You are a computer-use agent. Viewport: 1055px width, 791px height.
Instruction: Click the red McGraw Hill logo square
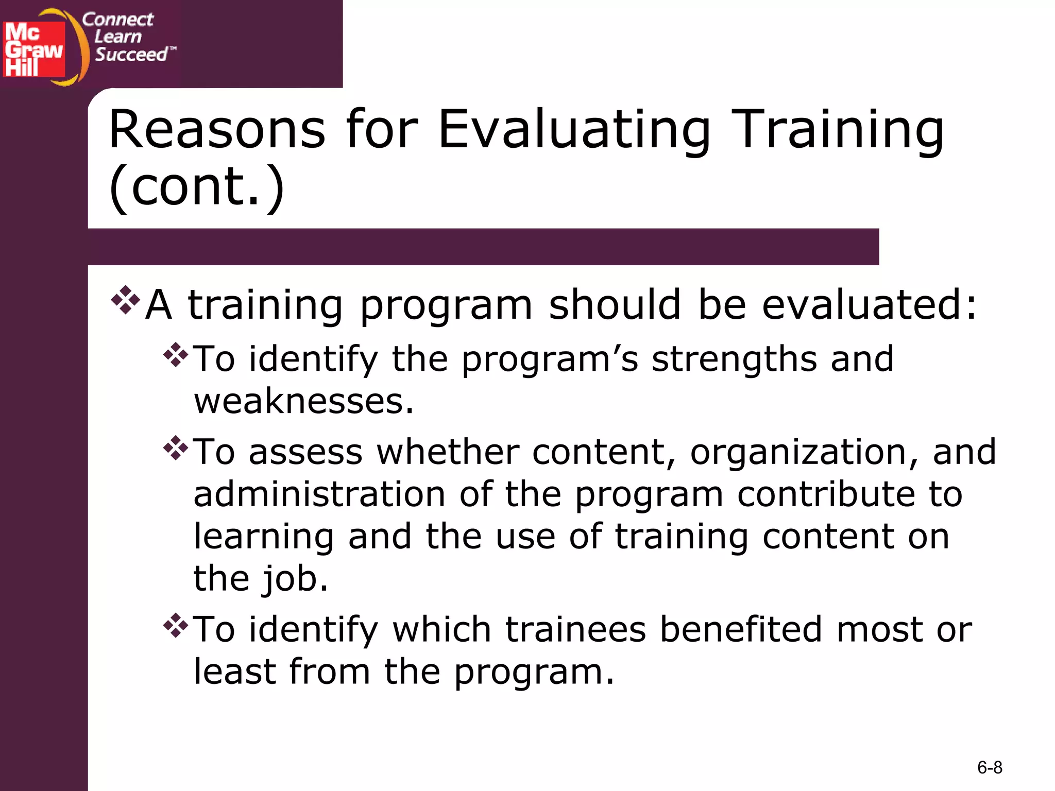[x=34, y=49]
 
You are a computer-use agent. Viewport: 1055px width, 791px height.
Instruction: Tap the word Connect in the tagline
[x=117, y=20]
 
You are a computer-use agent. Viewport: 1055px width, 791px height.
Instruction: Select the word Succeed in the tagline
[x=131, y=55]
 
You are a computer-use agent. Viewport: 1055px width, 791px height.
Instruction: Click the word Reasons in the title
[x=217, y=130]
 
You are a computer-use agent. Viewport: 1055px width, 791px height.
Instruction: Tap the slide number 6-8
[x=989, y=768]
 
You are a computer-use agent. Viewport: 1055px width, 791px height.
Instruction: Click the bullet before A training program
[x=126, y=300]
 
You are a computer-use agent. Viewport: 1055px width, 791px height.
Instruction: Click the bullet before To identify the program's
[x=176, y=355]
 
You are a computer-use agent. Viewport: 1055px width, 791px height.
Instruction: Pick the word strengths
[x=734, y=359]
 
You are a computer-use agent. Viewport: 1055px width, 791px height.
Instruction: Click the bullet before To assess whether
[x=176, y=448]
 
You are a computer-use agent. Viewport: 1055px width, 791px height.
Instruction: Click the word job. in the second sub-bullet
[x=295, y=579]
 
